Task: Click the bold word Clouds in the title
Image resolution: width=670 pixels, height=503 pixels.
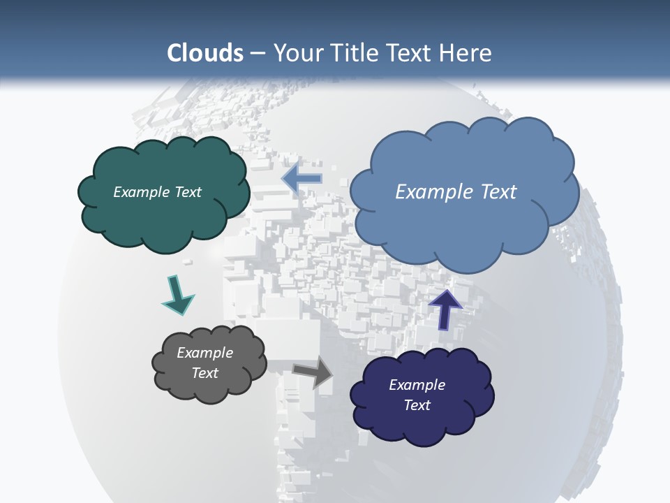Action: click(x=205, y=53)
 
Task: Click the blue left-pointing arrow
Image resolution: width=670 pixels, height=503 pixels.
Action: click(x=301, y=178)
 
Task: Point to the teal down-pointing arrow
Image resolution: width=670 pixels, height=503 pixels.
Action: click(x=177, y=296)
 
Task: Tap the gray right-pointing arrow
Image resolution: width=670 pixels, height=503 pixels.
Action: click(x=313, y=373)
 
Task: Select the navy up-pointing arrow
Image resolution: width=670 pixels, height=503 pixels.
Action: click(x=445, y=308)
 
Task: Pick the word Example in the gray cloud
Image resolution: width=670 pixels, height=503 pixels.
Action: click(x=204, y=353)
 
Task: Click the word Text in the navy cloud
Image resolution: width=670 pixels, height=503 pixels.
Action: click(x=417, y=405)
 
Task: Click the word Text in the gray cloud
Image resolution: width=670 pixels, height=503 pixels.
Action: click(x=204, y=373)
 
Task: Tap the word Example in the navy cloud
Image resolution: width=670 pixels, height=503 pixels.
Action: click(x=417, y=385)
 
